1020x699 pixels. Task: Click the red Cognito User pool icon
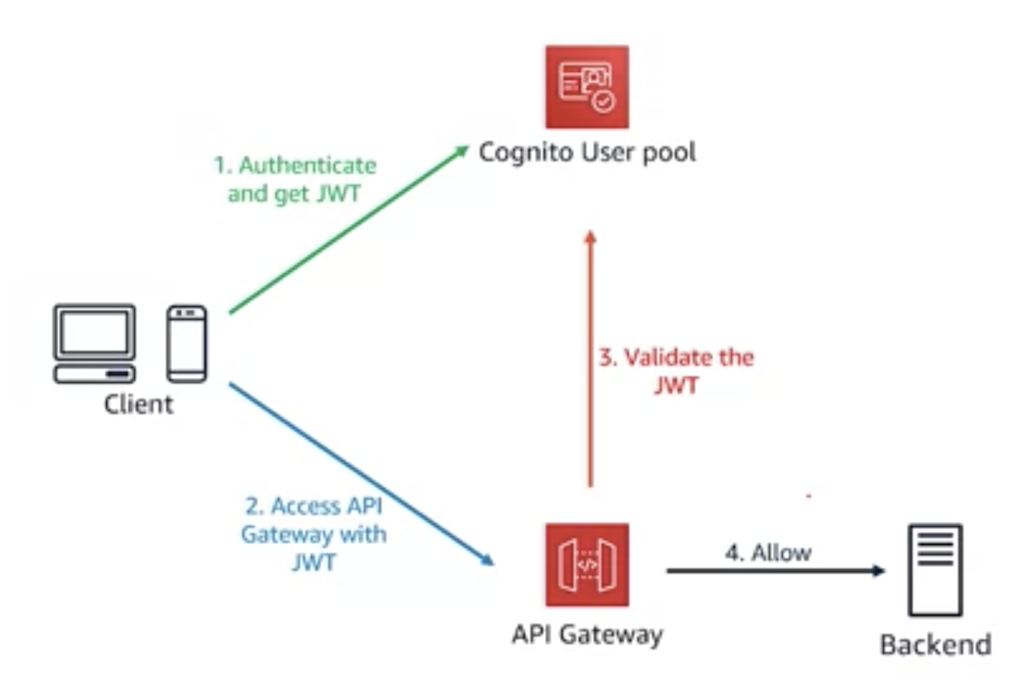[587, 87]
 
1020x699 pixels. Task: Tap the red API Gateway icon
[587, 564]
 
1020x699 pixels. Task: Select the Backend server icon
[935, 570]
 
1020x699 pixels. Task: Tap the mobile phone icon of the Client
[187, 343]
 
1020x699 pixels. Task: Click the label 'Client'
[138, 404]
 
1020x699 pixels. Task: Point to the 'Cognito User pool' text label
[587, 152]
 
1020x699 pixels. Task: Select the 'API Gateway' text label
[587, 635]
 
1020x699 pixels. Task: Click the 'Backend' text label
[935, 644]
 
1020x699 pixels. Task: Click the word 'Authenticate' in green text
[308, 165]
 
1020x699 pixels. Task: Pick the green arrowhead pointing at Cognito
[462, 150]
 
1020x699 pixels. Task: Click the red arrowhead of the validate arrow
[590, 236]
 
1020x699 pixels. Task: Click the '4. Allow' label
[768, 553]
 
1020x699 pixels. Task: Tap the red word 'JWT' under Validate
[676, 385]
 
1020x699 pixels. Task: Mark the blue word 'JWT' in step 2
[313, 562]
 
